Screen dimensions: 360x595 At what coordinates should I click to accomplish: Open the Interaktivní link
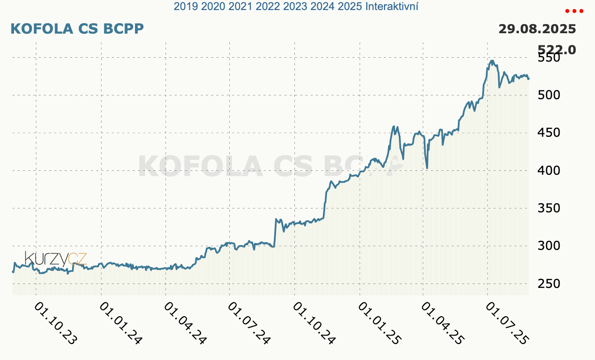coord(391,7)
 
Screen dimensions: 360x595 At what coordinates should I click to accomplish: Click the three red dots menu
coord(574,11)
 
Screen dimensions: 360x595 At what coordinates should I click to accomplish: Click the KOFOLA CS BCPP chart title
coord(77,29)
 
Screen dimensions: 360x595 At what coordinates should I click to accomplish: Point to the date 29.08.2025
coord(537,29)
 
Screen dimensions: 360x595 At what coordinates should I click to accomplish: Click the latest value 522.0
coord(557,50)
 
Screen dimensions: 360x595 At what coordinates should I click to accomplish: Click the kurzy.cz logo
coord(55,259)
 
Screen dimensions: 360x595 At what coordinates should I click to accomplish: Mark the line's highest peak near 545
coord(492,61)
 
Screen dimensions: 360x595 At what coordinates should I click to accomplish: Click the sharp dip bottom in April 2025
coord(427,168)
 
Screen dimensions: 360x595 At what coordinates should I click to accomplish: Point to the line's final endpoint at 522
coord(529,79)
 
